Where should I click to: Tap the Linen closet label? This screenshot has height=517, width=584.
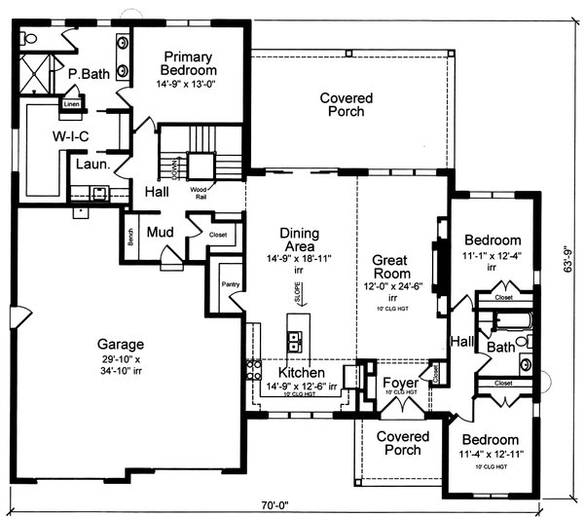pyautogui.click(x=72, y=102)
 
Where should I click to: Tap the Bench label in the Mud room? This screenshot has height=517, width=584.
pyautogui.click(x=129, y=238)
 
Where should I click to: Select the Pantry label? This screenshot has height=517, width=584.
pyautogui.click(x=230, y=284)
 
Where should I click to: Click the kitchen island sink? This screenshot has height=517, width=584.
pyautogui.click(x=296, y=341)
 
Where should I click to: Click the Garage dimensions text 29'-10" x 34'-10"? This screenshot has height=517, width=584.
pyautogui.click(x=121, y=368)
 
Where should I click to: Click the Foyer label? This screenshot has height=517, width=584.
pyautogui.click(x=400, y=383)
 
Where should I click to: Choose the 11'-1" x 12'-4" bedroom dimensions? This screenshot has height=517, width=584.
pyautogui.click(x=493, y=256)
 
